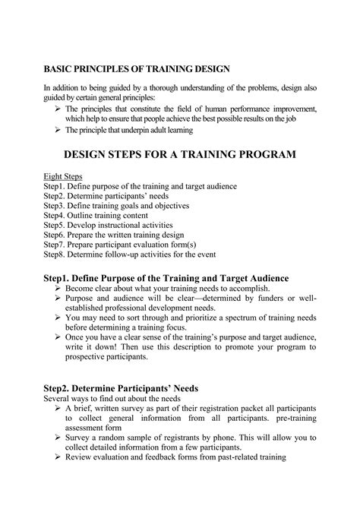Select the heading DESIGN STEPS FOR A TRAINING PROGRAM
click(179, 155)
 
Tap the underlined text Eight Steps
click(62, 176)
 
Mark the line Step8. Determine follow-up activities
click(130, 255)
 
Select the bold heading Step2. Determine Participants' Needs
click(121, 388)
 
